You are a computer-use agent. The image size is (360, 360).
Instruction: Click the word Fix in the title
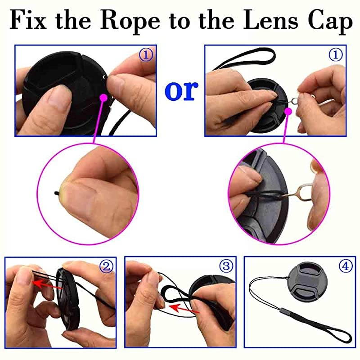point(30,21)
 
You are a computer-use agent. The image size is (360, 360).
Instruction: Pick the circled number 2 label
point(107,266)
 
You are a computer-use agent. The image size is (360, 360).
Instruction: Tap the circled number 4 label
point(345,266)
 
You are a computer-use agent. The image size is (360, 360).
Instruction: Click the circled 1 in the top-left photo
point(145,55)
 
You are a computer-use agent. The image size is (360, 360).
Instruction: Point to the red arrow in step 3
point(185,308)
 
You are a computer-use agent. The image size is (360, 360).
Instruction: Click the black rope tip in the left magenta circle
point(56,192)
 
